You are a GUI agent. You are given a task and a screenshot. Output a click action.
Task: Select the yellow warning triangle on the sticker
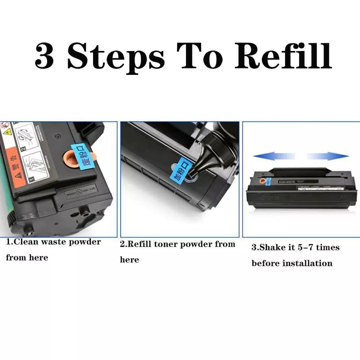pos(7,132)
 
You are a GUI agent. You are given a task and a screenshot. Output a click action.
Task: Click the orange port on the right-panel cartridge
pos(268,181)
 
